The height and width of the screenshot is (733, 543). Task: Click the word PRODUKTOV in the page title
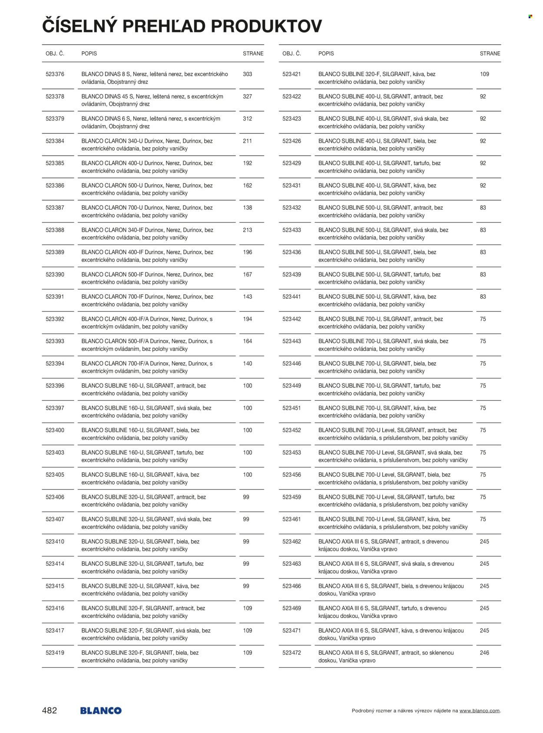coord(266,26)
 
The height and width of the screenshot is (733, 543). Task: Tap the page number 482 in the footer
coord(50,710)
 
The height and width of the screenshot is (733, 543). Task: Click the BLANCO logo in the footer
coord(101,710)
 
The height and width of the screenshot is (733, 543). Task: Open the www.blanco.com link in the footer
coord(480,711)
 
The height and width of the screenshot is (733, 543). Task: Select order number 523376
coord(55,74)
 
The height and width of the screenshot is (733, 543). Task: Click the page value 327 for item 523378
coord(247,96)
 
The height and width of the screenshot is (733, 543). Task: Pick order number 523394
coord(55,363)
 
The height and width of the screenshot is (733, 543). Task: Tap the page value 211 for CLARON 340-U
coord(247,141)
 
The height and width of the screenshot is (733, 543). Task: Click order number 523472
coord(291,653)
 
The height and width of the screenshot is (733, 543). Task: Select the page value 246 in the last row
coord(484,653)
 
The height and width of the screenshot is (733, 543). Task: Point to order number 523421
coord(291,74)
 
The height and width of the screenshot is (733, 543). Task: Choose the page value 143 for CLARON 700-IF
coord(247,297)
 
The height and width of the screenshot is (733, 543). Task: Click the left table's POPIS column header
coord(89,53)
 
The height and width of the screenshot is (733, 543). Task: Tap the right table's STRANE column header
coord(490,53)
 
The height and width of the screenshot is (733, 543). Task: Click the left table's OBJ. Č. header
coord(55,53)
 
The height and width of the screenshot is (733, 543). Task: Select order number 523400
coord(55,430)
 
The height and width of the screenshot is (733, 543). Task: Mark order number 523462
coord(291,541)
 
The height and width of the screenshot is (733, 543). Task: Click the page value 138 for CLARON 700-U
coord(247,208)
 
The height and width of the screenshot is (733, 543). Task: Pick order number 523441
coord(291,297)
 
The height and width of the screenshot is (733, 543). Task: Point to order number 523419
coord(55,653)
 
